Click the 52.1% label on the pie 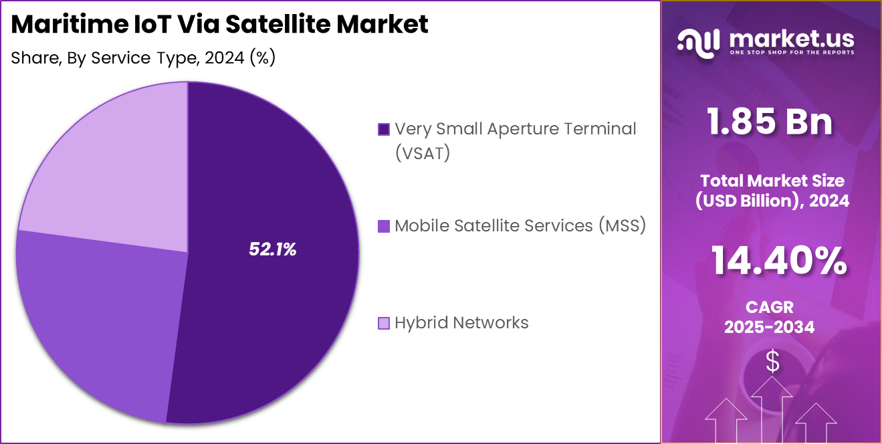click(x=272, y=249)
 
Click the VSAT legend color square click(x=383, y=129)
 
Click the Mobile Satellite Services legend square click(x=383, y=226)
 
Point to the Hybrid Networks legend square click(x=383, y=324)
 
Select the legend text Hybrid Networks click(x=461, y=323)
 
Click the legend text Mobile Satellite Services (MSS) click(x=520, y=226)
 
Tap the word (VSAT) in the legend click(x=423, y=153)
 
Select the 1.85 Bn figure click(x=771, y=122)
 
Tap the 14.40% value click(x=778, y=261)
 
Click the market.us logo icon click(x=698, y=41)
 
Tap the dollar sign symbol click(x=772, y=362)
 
